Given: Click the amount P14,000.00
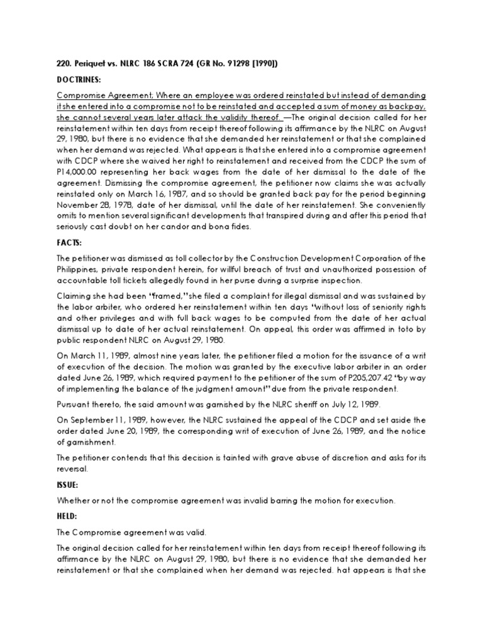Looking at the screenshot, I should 79,172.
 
